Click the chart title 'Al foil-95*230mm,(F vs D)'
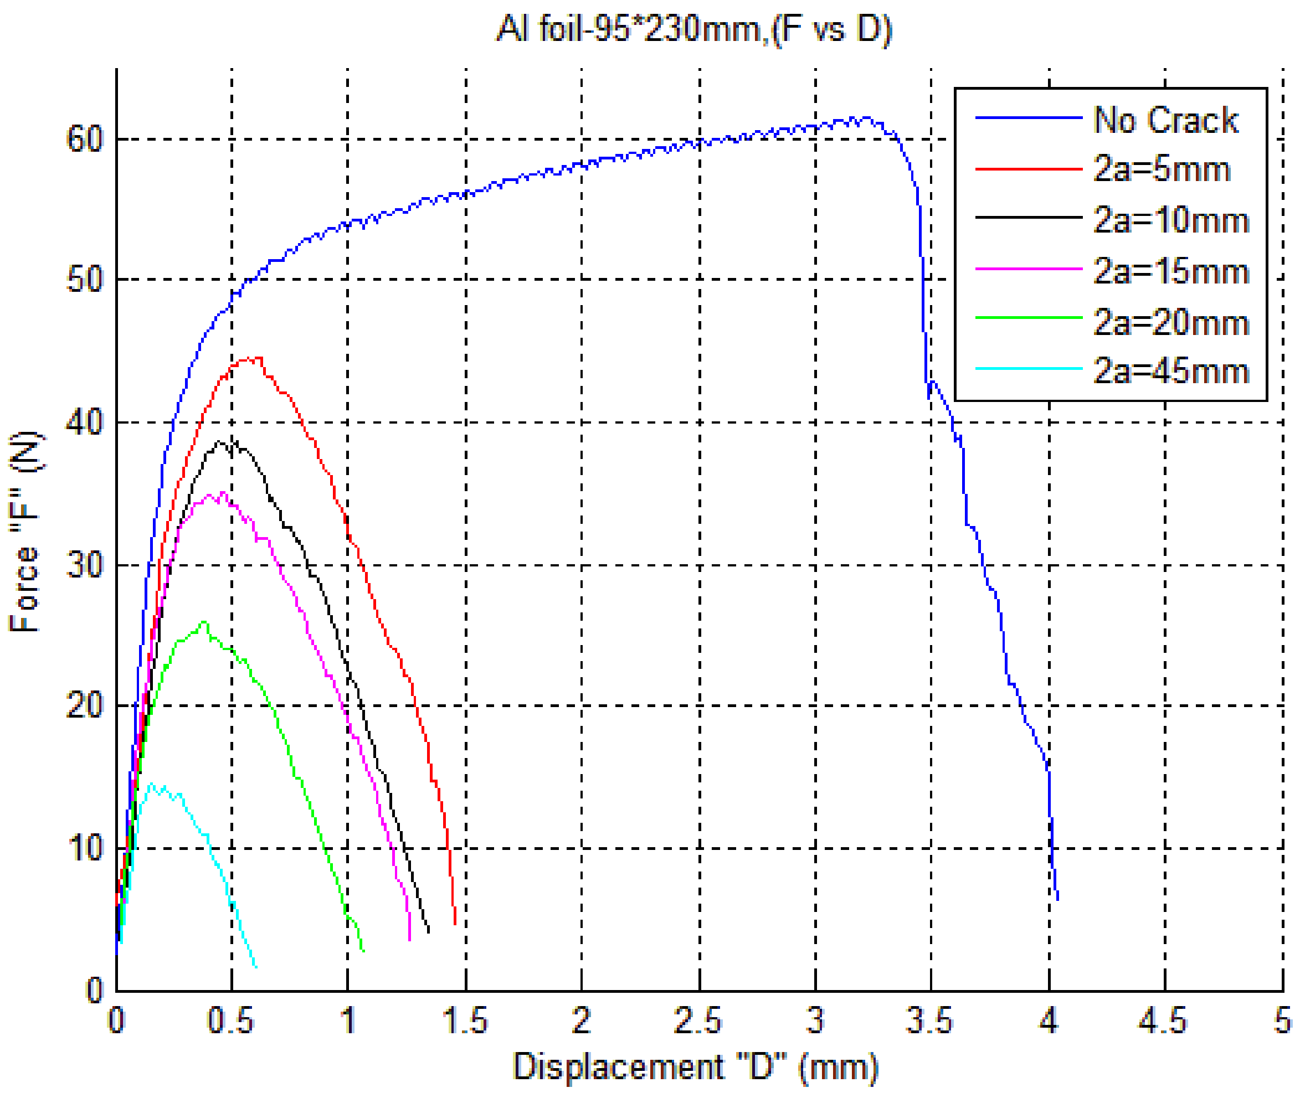(x=693, y=29)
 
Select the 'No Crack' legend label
(x=1165, y=120)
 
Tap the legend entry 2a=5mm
(x=1161, y=169)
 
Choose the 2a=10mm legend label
(x=1170, y=220)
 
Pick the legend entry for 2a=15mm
(x=1170, y=271)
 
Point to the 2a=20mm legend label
(x=1170, y=322)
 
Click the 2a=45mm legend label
(x=1170, y=372)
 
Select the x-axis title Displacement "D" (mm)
(x=695, y=1067)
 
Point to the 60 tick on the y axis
(x=85, y=138)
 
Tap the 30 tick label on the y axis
(x=85, y=565)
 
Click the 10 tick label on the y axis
(x=85, y=848)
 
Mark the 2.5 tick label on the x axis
(x=697, y=1021)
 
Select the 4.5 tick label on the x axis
(x=1163, y=1021)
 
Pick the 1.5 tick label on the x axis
(x=465, y=1021)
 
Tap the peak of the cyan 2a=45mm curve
(x=151, y=784)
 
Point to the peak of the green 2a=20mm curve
(x=204, y=622)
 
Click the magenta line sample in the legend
(x=1028, y=269)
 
